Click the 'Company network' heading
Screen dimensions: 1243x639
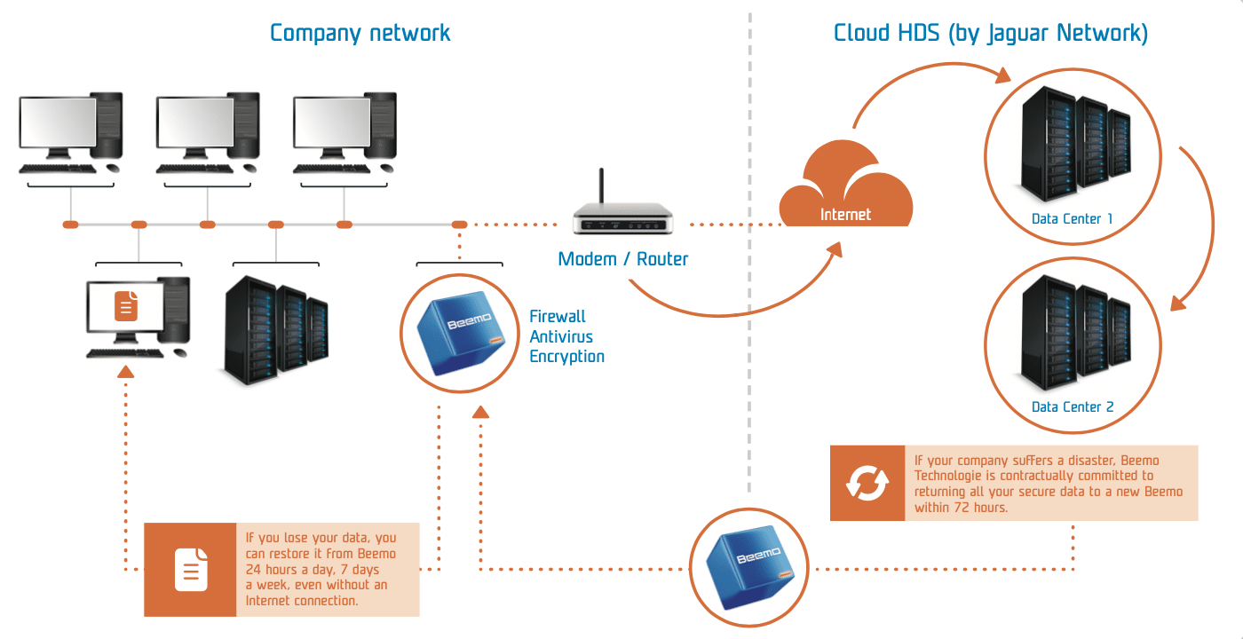pyautogui.click(x=360, y=34)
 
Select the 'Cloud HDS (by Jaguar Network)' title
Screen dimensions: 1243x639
pyautogui.click(x=991, y=34)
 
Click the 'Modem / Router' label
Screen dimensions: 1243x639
pyautogui.click(x=622, y=259)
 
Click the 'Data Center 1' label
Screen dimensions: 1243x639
pyautogui.click(x=1073, y=219)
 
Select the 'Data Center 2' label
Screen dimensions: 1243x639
pyautogui.click(x=1073, y=407)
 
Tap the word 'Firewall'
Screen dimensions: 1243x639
pyautogui.click(x=558, y=317)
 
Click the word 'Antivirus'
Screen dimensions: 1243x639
pyautogui.click(x=561, y=336)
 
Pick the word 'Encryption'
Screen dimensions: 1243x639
pyautogui.click(x=566, y=357)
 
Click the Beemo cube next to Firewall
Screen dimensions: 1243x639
pyautogui.click(x=461, y=333)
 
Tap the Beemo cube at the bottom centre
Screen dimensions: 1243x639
pyautogui.click(x=749, y=566)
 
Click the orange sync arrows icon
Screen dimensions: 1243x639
pyautogui.click(x=867, y=483)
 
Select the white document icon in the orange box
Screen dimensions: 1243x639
pyautogui.click(x=191, y=570)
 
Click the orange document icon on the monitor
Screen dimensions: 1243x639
pyautogui.click(x=126, y=306)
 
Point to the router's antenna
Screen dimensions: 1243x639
pyautogui.click(x=601, y=185)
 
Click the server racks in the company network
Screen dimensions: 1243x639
pyautogui.click(x=276, y=330)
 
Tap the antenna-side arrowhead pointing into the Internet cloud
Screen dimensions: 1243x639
pyautogui.click(x=835, y=249)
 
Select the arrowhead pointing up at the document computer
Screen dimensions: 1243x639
pyautogui.click(x=126, y=372)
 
